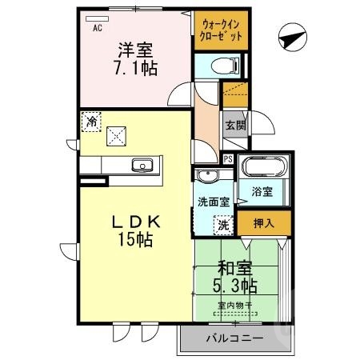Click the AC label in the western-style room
[x=98, y=29]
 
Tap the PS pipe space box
[x=229, y=158]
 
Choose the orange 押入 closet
[x=264, y=223]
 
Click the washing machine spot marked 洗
[x=225, y=226]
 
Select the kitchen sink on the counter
[x=144, y=166]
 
